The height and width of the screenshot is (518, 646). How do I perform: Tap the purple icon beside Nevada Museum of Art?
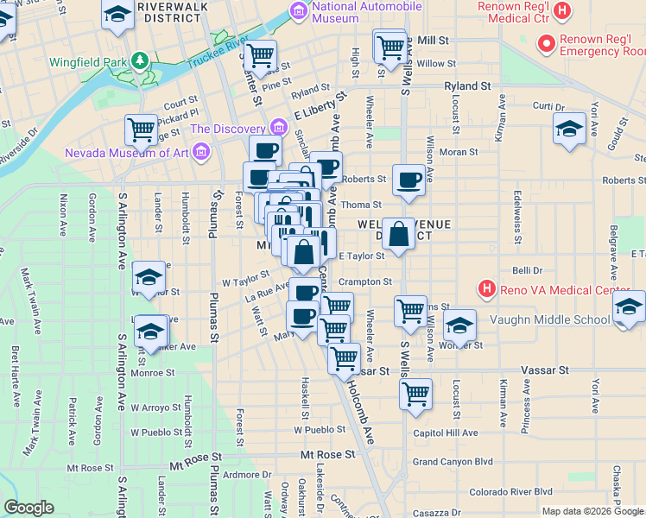point(201,153)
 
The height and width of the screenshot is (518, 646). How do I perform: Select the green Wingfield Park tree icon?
point(138,62)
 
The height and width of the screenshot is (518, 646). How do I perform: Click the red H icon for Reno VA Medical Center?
point(487,288)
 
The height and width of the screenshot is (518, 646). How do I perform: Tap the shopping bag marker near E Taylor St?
point(398,234)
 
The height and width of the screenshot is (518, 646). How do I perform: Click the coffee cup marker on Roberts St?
point(408,180)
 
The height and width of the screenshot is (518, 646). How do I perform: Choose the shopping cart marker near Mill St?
point(390,46)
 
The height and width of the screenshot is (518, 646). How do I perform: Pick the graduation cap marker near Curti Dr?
point(568,129)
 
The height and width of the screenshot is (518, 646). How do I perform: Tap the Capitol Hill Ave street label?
point(445,433)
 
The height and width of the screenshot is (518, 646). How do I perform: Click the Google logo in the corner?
point(28,508)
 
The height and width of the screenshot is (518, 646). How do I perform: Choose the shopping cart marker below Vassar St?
point(415,395)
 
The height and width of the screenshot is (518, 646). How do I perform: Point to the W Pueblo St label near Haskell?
point(319,429)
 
